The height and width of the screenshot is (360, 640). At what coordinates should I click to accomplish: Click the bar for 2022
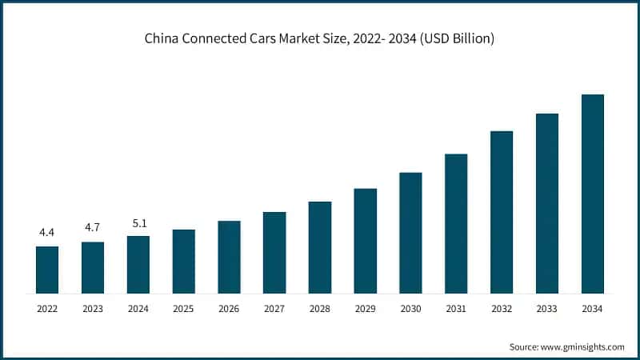tap(47, 270)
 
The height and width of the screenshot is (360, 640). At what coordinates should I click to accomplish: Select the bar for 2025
tap(183, 261)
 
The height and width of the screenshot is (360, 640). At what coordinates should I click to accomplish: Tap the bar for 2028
tap(320, 247)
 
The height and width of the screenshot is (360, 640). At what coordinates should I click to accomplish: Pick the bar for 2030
tap(410, 232)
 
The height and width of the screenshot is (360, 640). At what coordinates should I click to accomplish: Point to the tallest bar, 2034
tap(592, 194)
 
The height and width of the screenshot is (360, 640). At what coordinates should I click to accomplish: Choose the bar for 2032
tap(502, 211)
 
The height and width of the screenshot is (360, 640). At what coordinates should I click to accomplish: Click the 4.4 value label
tap(47, 233)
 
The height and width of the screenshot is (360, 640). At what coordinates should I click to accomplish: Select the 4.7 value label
tap(93, 228)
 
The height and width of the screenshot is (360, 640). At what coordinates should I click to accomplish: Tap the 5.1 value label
tap(138, 222)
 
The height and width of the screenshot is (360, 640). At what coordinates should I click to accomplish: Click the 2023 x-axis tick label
tap(93, 308)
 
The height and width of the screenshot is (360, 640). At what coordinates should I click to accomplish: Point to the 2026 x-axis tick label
tap(229, 308)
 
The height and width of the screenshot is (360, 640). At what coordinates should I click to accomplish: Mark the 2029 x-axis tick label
tap(365, 308)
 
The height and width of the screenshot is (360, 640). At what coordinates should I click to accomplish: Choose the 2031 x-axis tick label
tap(456, 308)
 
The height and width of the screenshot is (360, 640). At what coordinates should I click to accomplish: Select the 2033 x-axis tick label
tap(546, 308)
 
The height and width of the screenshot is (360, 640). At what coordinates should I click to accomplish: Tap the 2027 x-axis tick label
tap(274, 308)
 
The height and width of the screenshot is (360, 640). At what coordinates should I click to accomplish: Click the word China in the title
tap(162, 38)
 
